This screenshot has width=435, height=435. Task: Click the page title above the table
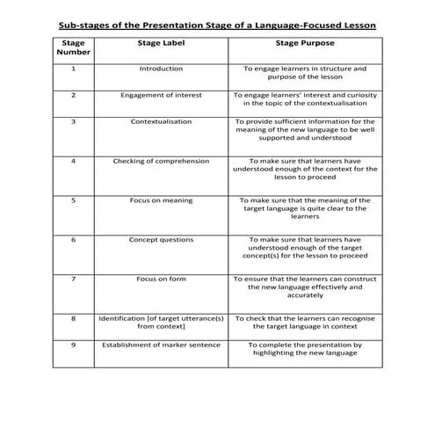[x=216, y=25]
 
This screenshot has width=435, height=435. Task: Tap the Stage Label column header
[x=160, y=42]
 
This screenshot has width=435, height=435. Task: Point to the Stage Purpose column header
[x=299, y=42]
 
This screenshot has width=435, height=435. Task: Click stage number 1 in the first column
[x=73, y=68]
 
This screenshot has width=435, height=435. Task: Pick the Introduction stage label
[x=161, y=68]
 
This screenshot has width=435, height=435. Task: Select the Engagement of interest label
[x=161, y=94]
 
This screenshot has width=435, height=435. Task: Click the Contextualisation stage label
[x=161, y=121]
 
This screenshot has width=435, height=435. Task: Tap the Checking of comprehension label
[x=161, y=161]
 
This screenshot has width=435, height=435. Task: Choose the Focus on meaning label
[x=161, y=200]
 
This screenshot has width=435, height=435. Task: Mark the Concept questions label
[x=161, y=239]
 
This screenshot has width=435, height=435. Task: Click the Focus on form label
[x=161, y=279]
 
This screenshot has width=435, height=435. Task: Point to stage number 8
[x=73, y=317]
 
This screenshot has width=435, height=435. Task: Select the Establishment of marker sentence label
[x=161, y=344]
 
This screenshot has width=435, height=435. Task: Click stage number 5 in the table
[x=73, y=200]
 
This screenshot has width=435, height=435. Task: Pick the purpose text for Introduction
[x=299, y=72]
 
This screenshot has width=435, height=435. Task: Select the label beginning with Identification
[x=161, y=322]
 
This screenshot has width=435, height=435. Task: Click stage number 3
[x=73, y=121]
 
